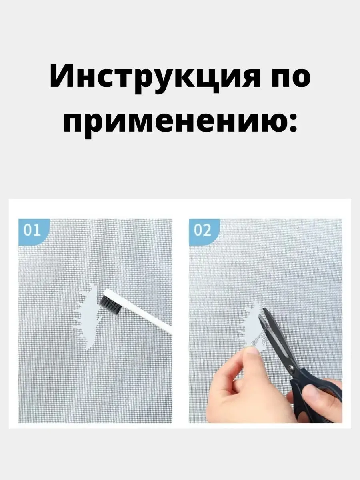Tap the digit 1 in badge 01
pos(38,230)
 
